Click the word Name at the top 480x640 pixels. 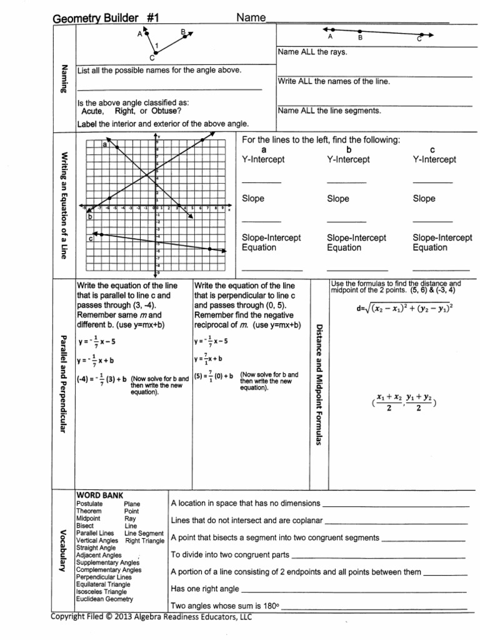[251, 17]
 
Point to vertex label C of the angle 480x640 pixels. [152, 57]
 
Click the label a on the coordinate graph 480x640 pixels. [104, 144]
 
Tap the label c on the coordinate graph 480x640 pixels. [91, 237]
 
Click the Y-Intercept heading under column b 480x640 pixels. [348, 159]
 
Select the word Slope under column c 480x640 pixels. [424, 199]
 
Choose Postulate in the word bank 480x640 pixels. [89, 504]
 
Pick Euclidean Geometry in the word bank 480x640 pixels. [104, 599]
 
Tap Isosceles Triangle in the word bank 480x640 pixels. [101, 591]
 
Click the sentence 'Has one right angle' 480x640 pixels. [204, 588]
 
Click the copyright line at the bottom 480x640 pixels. [151, 617]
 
